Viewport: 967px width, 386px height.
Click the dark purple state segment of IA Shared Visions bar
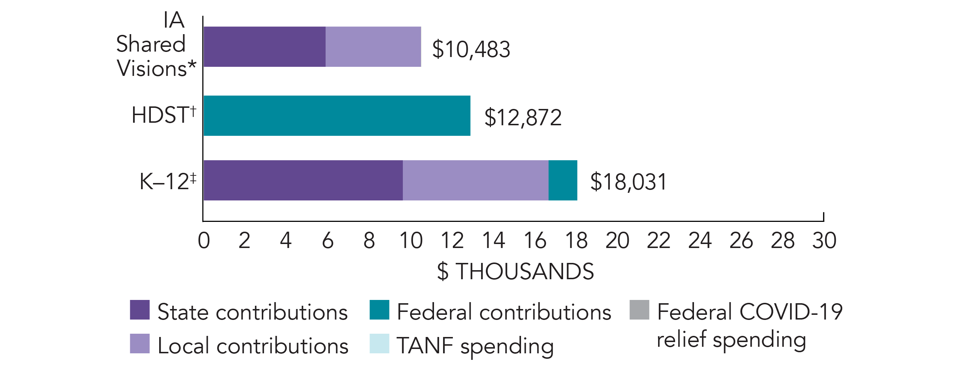(264, 46)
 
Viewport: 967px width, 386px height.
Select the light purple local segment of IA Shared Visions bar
(373, 46)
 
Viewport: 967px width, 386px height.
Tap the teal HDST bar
(337, 115)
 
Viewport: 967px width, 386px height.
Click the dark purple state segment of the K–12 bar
(303, 180)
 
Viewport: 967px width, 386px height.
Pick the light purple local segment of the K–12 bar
(475, 180)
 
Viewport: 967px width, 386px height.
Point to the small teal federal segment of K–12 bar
(563, 180)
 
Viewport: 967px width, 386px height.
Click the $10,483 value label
(471, 49)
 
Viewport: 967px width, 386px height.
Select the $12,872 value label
(523, 117)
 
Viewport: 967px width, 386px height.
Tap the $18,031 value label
(628, 182)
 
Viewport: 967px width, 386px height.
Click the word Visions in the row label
(152, 68)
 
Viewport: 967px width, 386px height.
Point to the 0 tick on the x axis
(204, 240)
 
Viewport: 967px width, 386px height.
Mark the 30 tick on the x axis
(824, 240)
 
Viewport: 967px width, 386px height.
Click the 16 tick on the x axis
(534, 240)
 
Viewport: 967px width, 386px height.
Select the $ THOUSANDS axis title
(516, 271)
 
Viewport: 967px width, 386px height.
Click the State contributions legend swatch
(140, 310)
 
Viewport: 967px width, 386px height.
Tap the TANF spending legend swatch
(379, 344)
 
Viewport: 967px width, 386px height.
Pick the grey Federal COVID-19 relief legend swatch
(639, 310)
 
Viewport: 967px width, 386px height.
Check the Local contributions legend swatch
(140, 344)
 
